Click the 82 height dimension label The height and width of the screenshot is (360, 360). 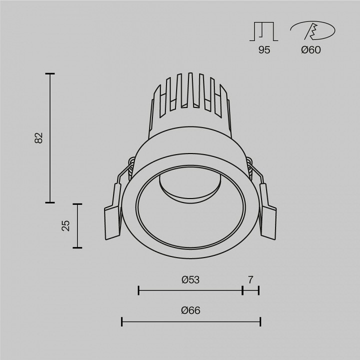click(39, 138)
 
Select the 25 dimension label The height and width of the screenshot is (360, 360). click(65, 225)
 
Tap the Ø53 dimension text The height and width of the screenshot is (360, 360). click(190, 279)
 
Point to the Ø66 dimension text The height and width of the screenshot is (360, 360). click(190, 310)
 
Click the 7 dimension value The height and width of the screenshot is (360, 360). click(250, 279)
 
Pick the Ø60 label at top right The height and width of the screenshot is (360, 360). click(311, 50)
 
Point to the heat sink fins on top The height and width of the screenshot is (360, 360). click(190, 92)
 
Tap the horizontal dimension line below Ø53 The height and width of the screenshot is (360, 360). click(190, 289)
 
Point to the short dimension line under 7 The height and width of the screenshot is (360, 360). click(250, 289)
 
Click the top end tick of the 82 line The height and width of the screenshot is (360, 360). click(49, 74)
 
